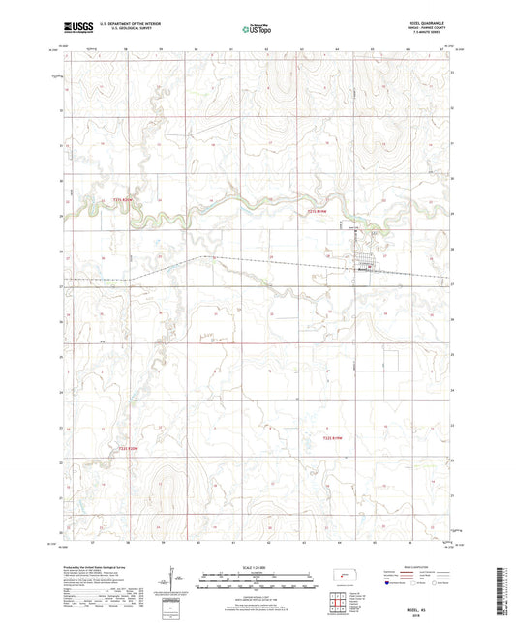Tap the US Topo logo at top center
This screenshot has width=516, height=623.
(x=257, y=29)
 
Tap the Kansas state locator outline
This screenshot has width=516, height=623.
(x=346, y=578)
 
